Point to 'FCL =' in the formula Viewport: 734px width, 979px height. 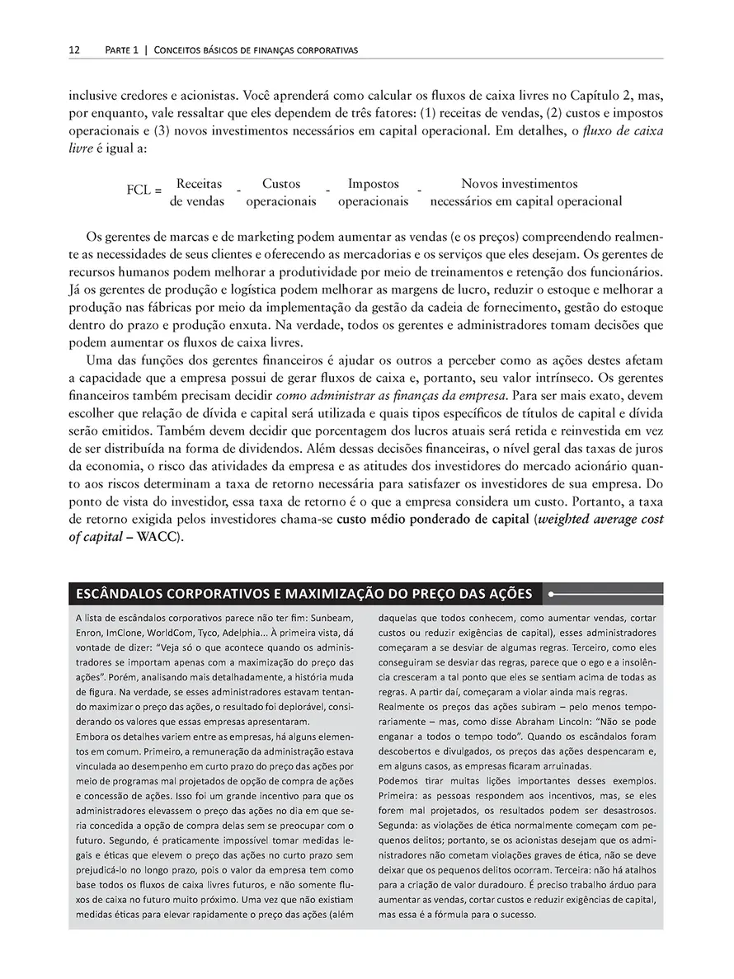(x=144, y=191)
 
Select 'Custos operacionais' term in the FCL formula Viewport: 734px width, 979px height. (x=281, y=192)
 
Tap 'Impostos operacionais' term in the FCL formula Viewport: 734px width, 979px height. (x=373, y=192)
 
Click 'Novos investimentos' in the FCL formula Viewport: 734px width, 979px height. (x=520, y=184)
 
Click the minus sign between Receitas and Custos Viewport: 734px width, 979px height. (x=238, y=192)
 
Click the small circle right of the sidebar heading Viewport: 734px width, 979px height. (x=551, y=593)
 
